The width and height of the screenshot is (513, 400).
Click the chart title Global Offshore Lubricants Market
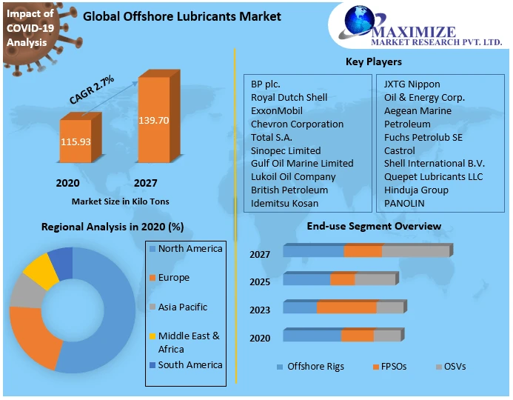182,16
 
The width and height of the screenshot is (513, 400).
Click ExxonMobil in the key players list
277,110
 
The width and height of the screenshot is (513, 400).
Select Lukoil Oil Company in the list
293,176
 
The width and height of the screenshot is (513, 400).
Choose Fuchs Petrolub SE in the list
423,137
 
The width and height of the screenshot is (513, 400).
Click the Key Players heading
374,61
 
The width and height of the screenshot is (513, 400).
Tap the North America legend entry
190,249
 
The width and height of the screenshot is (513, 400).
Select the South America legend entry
190,364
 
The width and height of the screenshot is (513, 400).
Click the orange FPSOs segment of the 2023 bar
346,307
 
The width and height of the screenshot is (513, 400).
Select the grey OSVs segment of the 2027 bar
415,251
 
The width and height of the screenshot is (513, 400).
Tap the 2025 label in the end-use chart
260,282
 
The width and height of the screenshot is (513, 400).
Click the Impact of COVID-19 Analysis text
30,28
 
